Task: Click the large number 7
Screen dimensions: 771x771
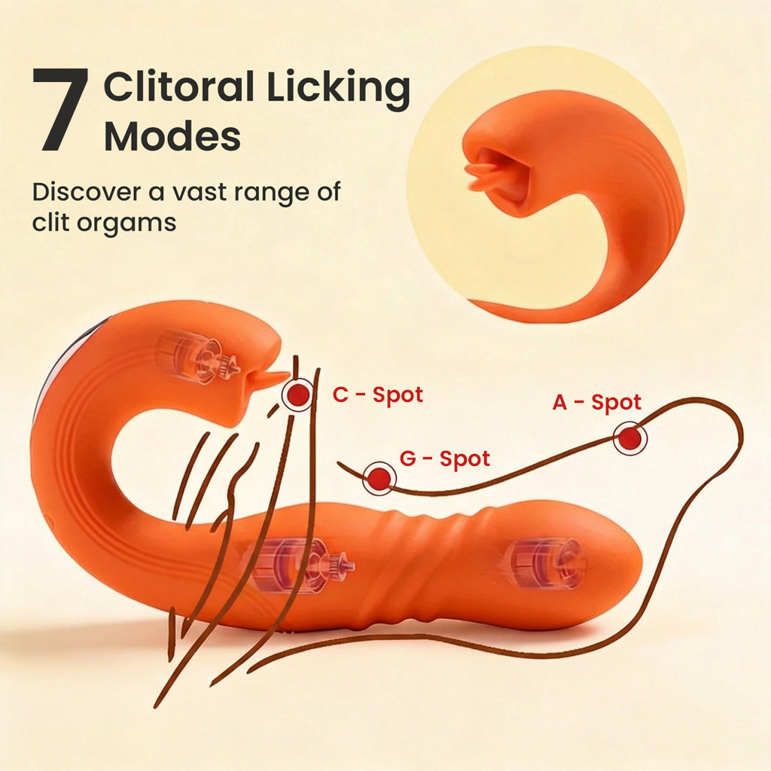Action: (60, 109)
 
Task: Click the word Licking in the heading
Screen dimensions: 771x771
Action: (338, 89)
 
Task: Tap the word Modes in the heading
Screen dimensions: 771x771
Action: (172, 136)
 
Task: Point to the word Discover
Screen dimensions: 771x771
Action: (86, 191)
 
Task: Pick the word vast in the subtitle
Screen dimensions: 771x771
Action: (200, 192)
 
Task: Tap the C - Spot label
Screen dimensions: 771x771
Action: (378, 395)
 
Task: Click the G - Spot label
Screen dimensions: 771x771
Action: (444, 459)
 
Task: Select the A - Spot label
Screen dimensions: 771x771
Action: (597, 402)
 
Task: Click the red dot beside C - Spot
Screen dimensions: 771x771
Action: (297, 395)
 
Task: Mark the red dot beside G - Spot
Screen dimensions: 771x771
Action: (379, 478)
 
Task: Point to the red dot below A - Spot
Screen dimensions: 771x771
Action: (630, 438)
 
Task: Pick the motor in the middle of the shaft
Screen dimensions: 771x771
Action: (298, 565)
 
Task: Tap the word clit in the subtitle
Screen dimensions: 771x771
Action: (50, 222)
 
